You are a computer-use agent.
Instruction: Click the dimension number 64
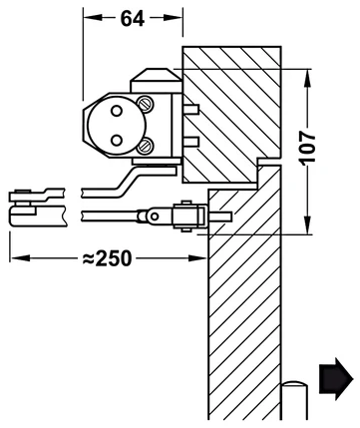pos(133,19)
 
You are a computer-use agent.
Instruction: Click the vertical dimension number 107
pos(307,147)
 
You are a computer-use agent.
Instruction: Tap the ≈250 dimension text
pos(107,258)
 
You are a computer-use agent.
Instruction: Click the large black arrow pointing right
pos(336,379)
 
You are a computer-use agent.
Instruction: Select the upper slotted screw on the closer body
pos(146,103)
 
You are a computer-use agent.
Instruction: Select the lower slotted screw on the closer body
pos(146,145)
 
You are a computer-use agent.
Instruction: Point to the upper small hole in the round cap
pos(117,111)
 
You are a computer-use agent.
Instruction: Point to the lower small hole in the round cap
pos(117,140)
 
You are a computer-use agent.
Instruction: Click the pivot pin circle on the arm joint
pos(154,216)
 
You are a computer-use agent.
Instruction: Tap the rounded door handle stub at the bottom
pos(295,403)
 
